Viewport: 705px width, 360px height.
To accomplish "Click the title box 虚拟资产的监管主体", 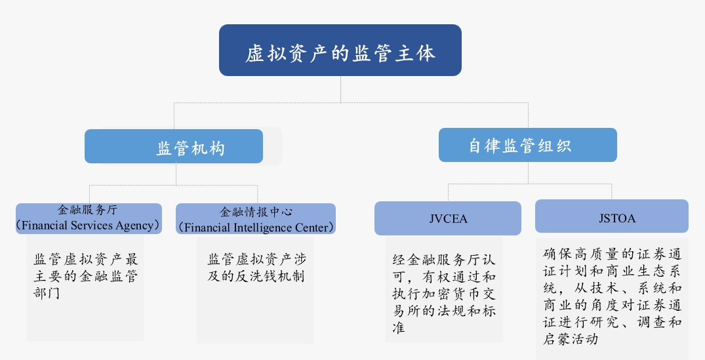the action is (340, 50).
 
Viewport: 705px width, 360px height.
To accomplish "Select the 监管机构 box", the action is (174, 146).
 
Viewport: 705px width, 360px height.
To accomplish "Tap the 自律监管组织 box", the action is (528, 145).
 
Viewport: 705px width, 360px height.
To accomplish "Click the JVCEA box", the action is (448, 218).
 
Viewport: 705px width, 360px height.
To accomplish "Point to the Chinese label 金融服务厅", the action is (87, 209).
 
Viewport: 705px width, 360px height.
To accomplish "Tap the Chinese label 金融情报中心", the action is (256, 212).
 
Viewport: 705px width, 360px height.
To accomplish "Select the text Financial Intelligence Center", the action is (256, 228).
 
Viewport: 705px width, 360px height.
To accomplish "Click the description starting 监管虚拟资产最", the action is (85, 275).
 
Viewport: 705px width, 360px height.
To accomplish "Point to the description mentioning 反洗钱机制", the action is (256, 268).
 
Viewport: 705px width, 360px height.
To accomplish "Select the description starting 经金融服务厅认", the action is (444, 294).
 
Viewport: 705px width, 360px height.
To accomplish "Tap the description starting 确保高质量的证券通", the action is (613, 296).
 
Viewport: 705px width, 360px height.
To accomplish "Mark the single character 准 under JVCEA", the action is (399, 328).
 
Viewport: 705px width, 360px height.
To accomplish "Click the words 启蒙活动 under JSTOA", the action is (571, 339).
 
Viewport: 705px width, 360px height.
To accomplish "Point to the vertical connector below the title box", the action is (340, 89).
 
